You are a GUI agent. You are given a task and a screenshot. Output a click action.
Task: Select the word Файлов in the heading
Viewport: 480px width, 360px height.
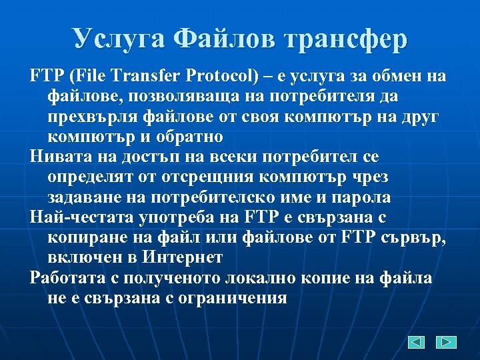coord(220,39)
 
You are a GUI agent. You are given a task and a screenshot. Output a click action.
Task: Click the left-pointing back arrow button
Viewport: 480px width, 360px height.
coord(417,342)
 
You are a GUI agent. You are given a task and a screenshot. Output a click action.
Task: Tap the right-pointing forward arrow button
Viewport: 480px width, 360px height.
coord(446,342)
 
